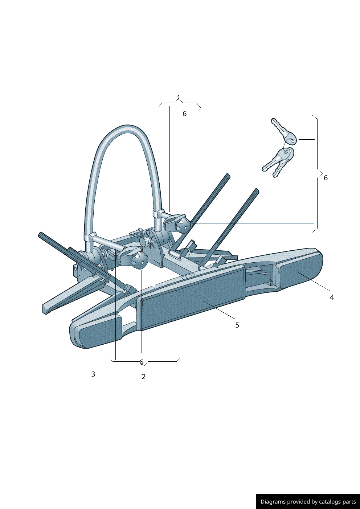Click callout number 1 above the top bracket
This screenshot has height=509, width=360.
pos(179,98)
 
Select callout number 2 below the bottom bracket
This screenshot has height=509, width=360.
pos(143,377)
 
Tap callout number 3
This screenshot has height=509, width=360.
pos(93,374)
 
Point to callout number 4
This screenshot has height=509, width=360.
pos(332,297)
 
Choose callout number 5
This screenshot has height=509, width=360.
pos(237,325)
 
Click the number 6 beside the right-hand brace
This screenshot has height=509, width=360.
pos(326,178)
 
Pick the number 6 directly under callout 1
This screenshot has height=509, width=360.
pos(185,114)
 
